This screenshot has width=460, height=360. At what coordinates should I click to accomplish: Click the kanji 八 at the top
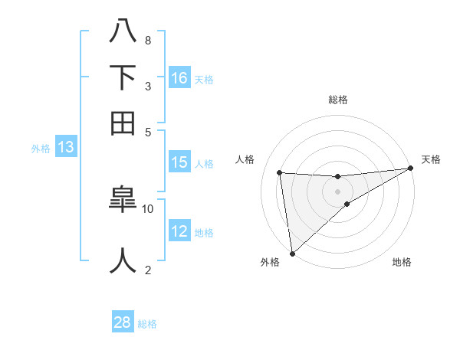[x=123, y=31]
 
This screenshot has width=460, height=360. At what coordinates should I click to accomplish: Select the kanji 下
[x=123, y=77]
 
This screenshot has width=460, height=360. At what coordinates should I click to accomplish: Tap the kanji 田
[x=123, y=123]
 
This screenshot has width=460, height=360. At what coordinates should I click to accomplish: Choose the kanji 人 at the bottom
[x=123, y=260]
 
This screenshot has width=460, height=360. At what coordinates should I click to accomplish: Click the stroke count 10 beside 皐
[x=148, y=208]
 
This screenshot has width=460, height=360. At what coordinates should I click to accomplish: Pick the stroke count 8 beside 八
[x=147, y=40]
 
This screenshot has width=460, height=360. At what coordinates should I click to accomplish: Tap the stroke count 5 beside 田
[x=147, y=132]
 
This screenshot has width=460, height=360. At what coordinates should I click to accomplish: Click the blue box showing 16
[x=179, y=77]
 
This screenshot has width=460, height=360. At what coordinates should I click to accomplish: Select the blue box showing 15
[x=179, y=162]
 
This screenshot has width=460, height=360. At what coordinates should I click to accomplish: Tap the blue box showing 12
[x=179, y=231]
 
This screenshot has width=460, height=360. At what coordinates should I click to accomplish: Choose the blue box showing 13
[x=65, y=148]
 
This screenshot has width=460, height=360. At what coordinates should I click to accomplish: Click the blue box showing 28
[x=123, y=322]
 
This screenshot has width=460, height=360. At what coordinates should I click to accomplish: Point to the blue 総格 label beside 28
[x=148, y=324]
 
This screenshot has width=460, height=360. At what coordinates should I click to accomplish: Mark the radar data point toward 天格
[x=410, y=169]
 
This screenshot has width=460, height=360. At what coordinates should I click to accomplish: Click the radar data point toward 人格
[x=280, y=173]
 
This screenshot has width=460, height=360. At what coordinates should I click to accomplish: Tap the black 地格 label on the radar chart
[x=402, y=263]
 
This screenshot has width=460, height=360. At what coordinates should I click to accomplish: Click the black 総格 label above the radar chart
[x=338, y=100]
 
